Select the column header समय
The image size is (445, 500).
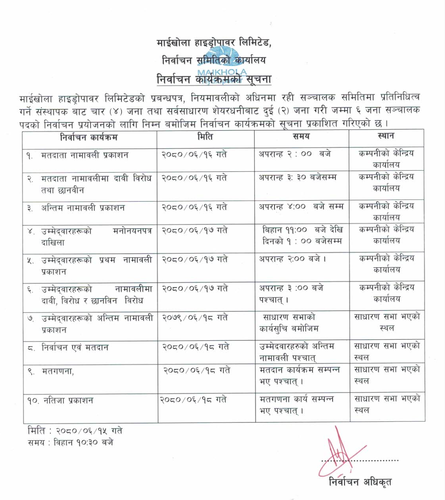301,137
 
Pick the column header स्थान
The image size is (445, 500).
386,136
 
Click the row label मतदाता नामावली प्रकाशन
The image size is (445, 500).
85,155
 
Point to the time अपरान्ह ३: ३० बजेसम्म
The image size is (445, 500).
297,178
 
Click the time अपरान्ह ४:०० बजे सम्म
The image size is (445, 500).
301,206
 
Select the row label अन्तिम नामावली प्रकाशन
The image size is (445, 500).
83,208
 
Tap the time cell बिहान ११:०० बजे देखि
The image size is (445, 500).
302,229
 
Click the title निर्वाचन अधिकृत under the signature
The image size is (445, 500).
360,481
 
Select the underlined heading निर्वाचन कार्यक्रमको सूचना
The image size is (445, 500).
214,78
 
